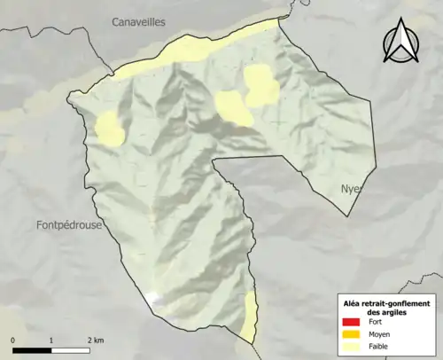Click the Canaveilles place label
coord(138,21)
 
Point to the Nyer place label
coord(352,190)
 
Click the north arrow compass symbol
coord(400,43)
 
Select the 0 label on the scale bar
coord(13,340)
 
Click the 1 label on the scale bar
coord(51,340)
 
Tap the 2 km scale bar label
coord(95,340)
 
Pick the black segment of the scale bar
coord(32,348)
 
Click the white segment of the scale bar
coord(70,348)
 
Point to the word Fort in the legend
coord(375,322)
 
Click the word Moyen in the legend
coord(379,334)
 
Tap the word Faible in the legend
coord(378,347)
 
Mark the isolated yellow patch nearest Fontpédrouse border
coord(109,129)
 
